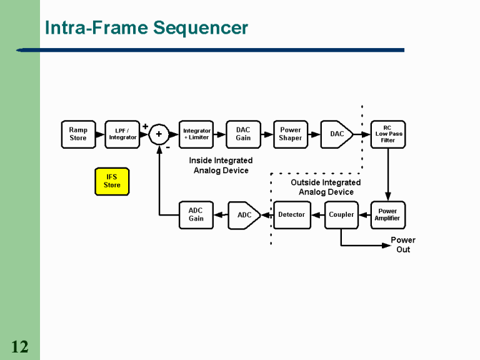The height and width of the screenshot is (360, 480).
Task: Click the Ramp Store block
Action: click(x=78, y=134)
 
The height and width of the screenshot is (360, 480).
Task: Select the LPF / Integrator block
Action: click(x=122, y=134)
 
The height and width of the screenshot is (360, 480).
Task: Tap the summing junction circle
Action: click(x=159, y=134)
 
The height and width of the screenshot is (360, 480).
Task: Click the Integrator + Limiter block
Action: click(x=196, y=134)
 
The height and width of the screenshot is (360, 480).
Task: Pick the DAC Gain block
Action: click(x=243, y=134)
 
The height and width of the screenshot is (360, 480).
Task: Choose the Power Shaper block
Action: click(x=291, y=134)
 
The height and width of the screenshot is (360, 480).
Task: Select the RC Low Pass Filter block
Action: click(x=388, y=134)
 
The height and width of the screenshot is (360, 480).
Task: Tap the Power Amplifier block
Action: click(x=387, y=215)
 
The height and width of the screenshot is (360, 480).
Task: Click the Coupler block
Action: click(x=341, y=215)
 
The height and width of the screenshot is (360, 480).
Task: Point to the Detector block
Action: click(x=292, y=215)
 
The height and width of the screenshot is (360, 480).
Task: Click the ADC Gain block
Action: click(x=196, y=215)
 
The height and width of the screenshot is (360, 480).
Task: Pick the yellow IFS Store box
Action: click(x=112, y=181)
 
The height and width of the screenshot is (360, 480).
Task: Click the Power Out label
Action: click(x=403, y=245)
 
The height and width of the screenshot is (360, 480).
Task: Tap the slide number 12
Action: click(x=19, y=347)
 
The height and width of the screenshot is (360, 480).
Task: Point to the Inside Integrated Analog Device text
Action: click(x=221, y=166)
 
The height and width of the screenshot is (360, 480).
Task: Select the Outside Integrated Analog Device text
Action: click(x=326, y=187)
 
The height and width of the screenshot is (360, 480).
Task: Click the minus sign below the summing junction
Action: click(x=167, y=148)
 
